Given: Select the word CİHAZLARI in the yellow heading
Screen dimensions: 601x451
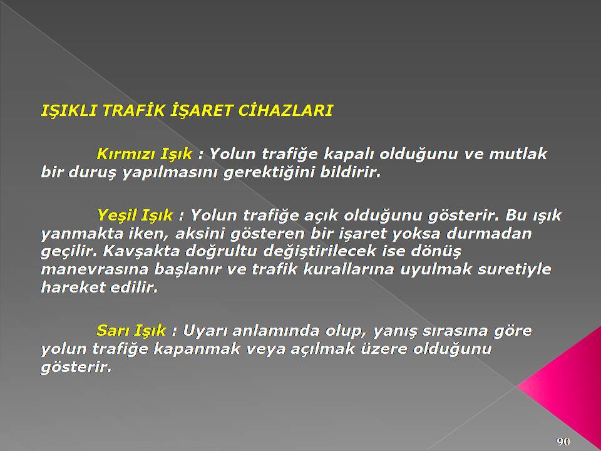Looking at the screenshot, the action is pos(285,110).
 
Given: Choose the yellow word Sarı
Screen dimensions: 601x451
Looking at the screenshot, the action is pos(111,330).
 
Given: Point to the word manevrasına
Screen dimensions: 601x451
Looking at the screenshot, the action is pos(95,269).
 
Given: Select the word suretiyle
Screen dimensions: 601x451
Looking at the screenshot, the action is pos(515,269).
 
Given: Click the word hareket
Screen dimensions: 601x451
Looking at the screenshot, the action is pos(73,288).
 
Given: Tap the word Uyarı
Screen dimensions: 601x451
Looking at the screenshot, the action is pos(205,330).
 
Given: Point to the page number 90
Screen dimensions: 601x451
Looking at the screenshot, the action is pos(563,442).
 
